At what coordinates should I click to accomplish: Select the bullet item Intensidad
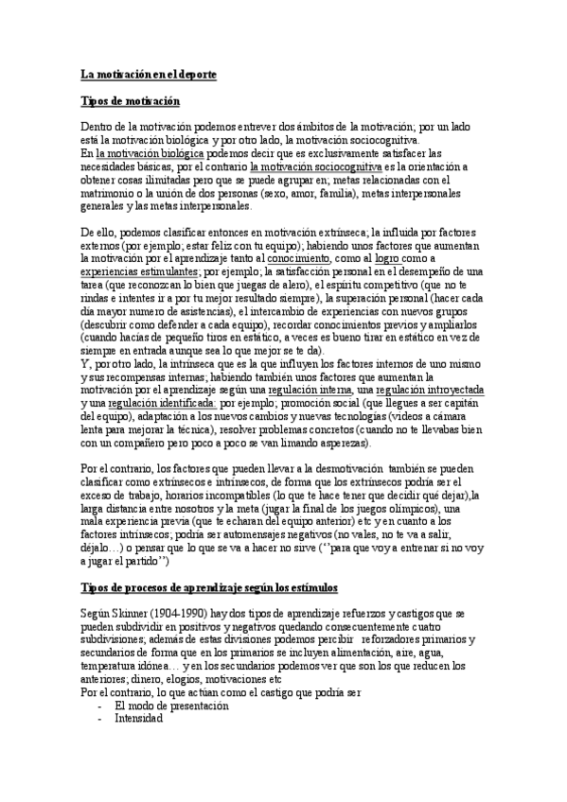tap(138, 718)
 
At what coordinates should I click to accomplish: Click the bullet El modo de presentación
tap(171, 706)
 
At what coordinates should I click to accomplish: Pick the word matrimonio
tap(110, 192)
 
